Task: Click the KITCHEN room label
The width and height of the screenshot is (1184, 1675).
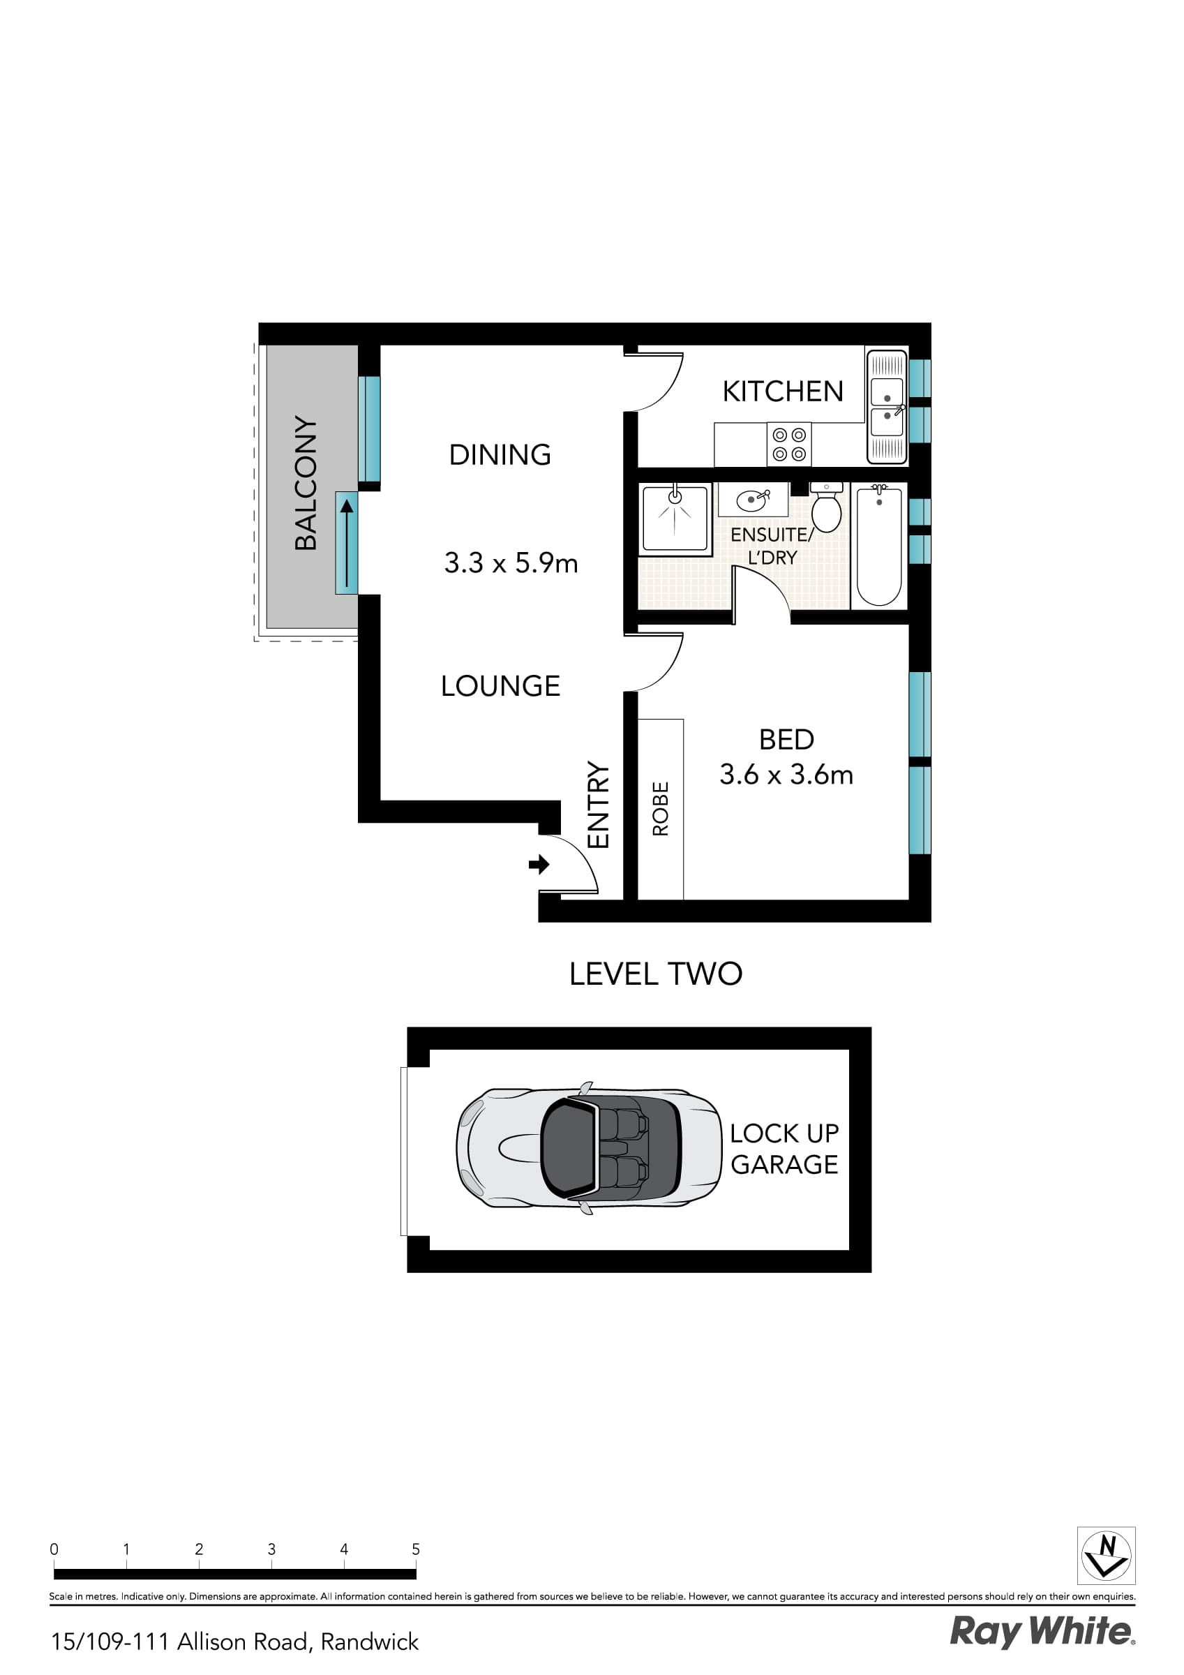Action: pos(782,392)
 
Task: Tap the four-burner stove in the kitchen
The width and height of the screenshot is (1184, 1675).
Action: pos(788,445)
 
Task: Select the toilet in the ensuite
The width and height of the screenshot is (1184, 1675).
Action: pos(827,507)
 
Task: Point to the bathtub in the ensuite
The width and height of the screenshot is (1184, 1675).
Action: pos(878,545)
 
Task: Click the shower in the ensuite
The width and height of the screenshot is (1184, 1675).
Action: pos(675,519)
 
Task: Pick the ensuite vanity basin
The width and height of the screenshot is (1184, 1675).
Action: pos(753,500)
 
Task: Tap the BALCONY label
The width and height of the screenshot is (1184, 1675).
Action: pos(306,483)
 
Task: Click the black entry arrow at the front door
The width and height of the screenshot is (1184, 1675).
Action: pos(539,865)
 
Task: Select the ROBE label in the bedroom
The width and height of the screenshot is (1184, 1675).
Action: pos(660,808)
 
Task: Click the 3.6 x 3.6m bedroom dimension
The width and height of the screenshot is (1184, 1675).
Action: pos(786,775)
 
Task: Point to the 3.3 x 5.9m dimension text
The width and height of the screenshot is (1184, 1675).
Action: pos(511,563)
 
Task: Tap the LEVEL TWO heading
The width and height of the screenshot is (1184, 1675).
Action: pos(655,974)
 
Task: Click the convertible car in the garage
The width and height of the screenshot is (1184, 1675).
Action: pos(589,1148)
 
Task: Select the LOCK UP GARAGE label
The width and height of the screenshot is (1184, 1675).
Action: pos(784,1149)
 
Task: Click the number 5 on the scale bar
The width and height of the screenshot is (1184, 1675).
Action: pos(416,1549)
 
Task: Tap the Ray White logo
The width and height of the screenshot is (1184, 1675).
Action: pos(1042,1632)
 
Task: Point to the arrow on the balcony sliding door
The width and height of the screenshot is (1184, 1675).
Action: pos(347,543)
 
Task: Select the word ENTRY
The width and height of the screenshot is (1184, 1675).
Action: pos(597,805)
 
